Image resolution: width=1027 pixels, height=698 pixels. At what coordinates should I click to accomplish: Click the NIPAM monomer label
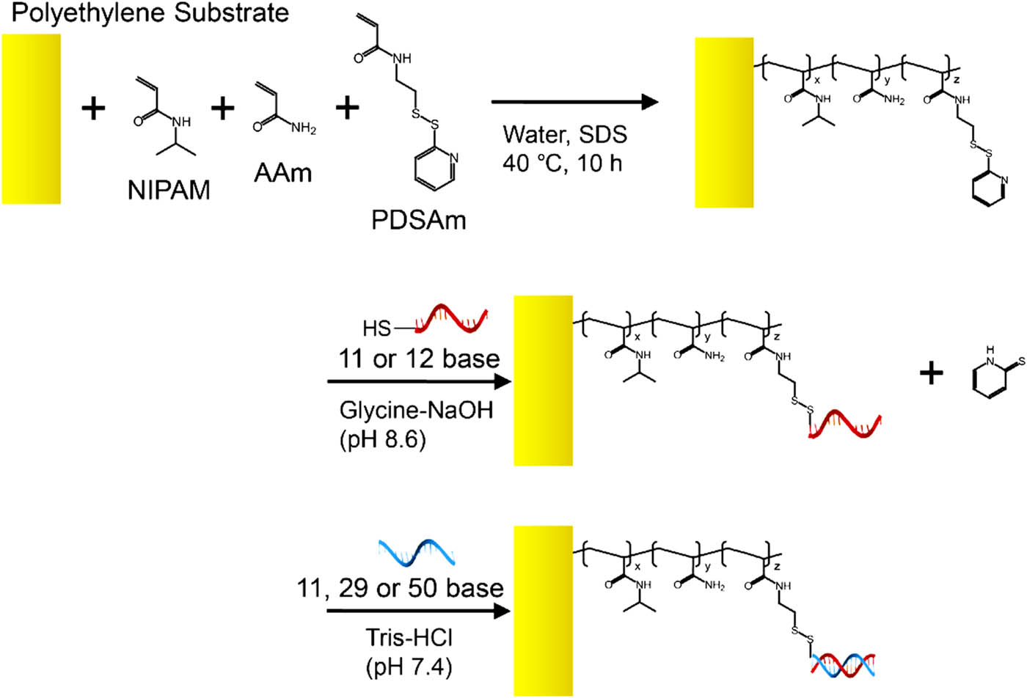point(169,190)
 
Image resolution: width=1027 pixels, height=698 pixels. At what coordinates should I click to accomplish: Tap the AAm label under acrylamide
point(283,173)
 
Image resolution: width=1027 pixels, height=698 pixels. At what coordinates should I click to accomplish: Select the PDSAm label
point(419,220)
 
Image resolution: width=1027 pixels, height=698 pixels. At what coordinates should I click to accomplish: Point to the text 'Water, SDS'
point(565,134)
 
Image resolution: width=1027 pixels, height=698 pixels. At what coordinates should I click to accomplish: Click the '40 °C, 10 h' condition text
point(562,164)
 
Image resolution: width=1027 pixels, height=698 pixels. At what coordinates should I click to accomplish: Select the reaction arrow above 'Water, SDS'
point(575,102)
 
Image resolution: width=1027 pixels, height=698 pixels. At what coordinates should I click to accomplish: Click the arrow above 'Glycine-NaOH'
point(419,381)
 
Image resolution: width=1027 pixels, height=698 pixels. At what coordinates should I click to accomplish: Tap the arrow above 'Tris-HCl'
point(419,611)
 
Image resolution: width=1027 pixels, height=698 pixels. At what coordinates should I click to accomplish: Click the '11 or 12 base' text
point(419,359)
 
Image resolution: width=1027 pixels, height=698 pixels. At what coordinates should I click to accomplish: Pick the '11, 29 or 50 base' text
point(401,588)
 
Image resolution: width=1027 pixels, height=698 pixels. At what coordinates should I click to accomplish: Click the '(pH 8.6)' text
point(383,439)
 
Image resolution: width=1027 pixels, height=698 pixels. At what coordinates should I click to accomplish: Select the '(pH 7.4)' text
point(409,666)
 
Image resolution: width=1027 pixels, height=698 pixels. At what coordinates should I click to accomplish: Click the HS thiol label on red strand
point(376,328)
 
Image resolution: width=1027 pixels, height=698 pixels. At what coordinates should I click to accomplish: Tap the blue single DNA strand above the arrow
point(417,553)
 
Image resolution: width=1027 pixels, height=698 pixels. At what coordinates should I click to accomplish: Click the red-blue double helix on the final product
point(843,665)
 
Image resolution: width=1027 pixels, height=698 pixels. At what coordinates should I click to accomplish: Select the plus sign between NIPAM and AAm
point(223,109)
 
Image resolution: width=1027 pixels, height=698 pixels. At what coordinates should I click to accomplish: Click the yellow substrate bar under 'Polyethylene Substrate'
point(31,119)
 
